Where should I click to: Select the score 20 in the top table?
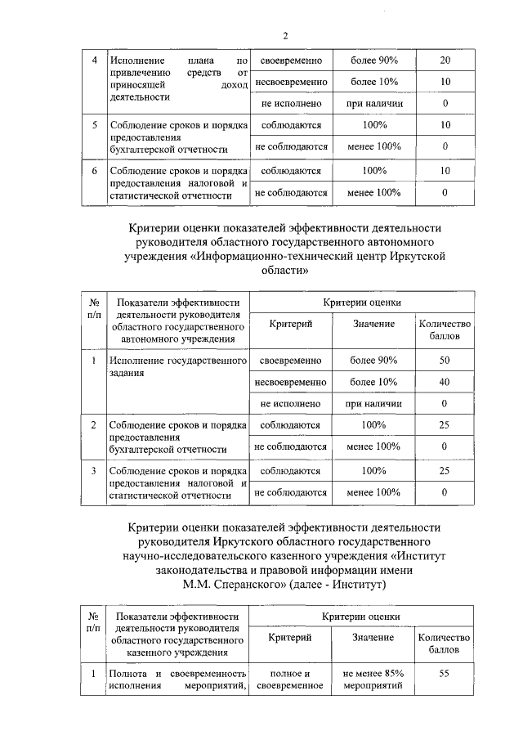[x=445, y=61]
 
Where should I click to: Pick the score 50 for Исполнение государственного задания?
[x=445, y=360]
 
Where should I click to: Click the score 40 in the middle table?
[x=445, y=382]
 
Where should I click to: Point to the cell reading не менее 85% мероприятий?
[x=373, y=679]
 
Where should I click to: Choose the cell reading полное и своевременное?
[x=291, y=679]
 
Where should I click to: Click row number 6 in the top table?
[x=95, y=170]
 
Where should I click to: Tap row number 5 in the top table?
[x=95, y=125]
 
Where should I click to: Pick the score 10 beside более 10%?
[x=445, y=83]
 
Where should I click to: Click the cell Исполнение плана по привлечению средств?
[x=177, y=78]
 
